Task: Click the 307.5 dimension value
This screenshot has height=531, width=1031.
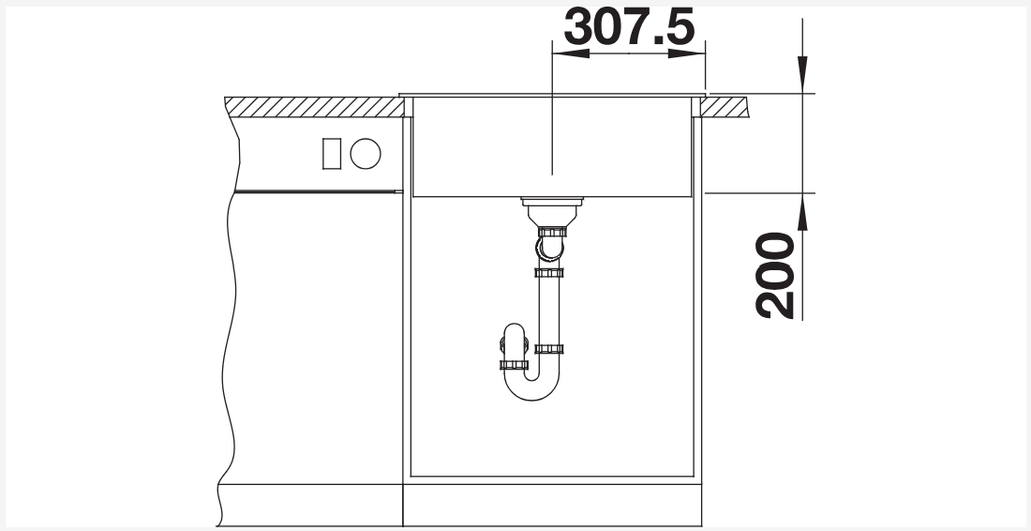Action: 629,27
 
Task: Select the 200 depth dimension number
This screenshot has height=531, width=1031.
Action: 775,275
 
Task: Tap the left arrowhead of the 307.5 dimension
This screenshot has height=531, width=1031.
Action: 571,53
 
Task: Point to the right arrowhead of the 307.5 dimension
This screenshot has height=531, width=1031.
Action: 686,53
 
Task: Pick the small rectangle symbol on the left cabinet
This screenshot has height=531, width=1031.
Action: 332,154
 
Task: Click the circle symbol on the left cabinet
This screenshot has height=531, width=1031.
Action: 366,154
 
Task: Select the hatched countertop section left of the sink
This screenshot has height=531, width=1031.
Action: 314,107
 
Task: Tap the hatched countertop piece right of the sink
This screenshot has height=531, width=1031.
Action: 724,107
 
